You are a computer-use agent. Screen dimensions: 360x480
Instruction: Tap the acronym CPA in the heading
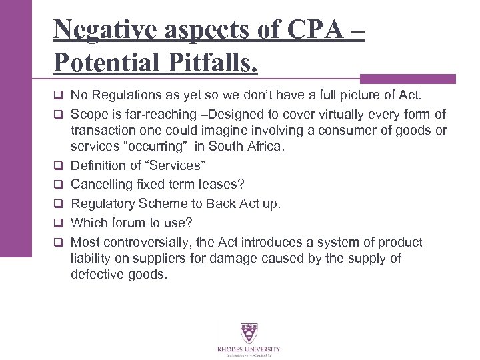(311, 30)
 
